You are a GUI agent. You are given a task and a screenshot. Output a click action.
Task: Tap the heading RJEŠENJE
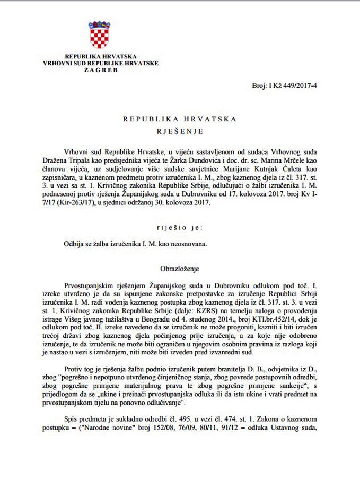(x=180, y=129)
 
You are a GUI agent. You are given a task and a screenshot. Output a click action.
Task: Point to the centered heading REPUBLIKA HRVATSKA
(x=180, y=118)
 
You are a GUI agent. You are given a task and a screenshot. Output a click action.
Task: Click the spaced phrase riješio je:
(x=180, y=228)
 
